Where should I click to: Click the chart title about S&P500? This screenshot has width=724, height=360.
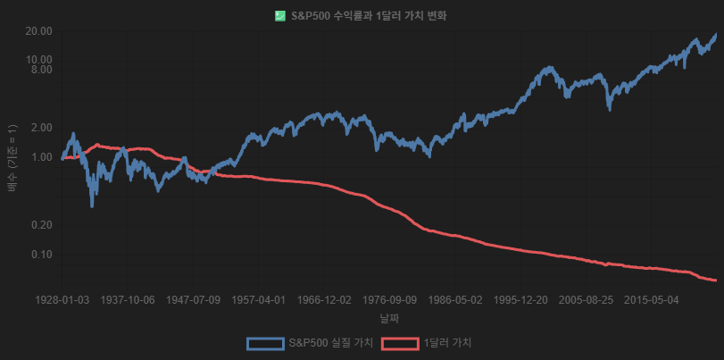click(x=369, y=15)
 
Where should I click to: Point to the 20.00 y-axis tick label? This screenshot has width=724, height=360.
click(x=41, y=31)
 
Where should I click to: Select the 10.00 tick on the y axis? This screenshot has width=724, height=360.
click(x=41, y=60)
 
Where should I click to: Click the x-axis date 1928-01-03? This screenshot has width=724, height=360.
click(x=62, y=300)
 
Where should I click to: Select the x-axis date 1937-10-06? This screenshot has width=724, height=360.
click(x=129, y=300)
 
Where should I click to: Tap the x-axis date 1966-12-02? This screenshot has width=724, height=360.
click(x=324, y=300)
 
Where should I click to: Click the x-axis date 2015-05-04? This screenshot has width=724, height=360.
click(x=651, y=300)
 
